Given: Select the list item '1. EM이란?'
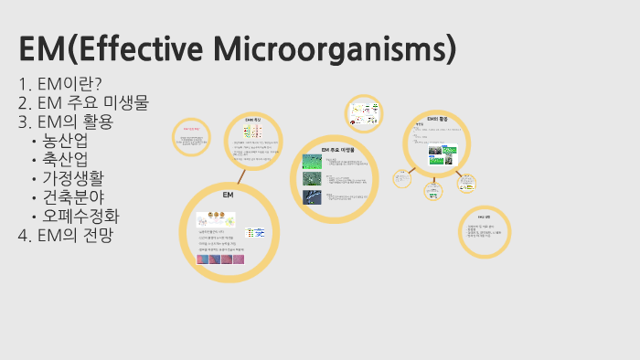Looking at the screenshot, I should click(60, 84).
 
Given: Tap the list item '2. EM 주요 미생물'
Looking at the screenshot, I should click(83, 102).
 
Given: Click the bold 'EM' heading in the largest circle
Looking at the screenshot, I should click(229, 196).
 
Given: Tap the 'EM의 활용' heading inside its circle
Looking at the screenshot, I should click(438, 119).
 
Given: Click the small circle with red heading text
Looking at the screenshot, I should click(192, 137).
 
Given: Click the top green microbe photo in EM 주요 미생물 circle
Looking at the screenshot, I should click(312, 164).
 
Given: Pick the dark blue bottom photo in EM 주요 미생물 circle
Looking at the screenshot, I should click(312, 197).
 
